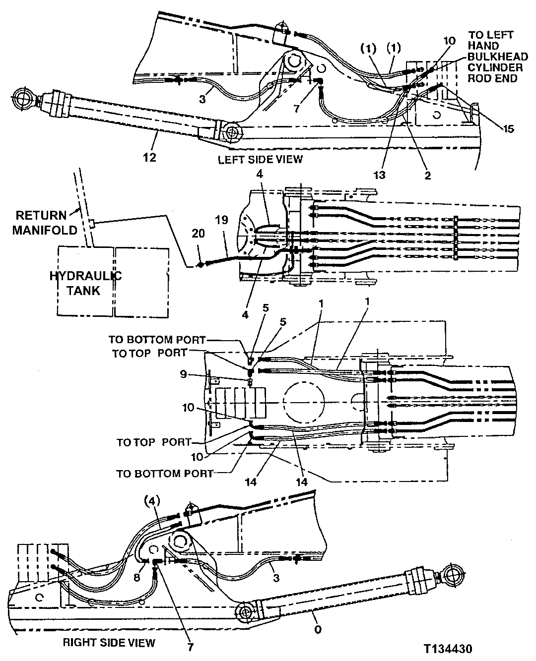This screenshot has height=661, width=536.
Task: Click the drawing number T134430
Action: click(x=448, y=649)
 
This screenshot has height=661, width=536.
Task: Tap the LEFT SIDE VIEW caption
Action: click(x=260, y=159)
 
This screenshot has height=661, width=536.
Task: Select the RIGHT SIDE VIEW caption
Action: click(x=109, y=643)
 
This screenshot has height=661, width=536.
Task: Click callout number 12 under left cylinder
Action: click(x=149, y=157)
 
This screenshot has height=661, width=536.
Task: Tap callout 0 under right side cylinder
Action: click(x=318, y=630)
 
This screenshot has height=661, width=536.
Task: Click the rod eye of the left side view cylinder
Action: click(x=22, y=99)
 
